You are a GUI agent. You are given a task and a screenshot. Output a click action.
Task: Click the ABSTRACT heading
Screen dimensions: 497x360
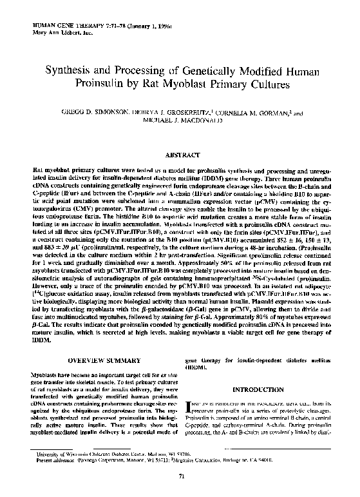(180, 155)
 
